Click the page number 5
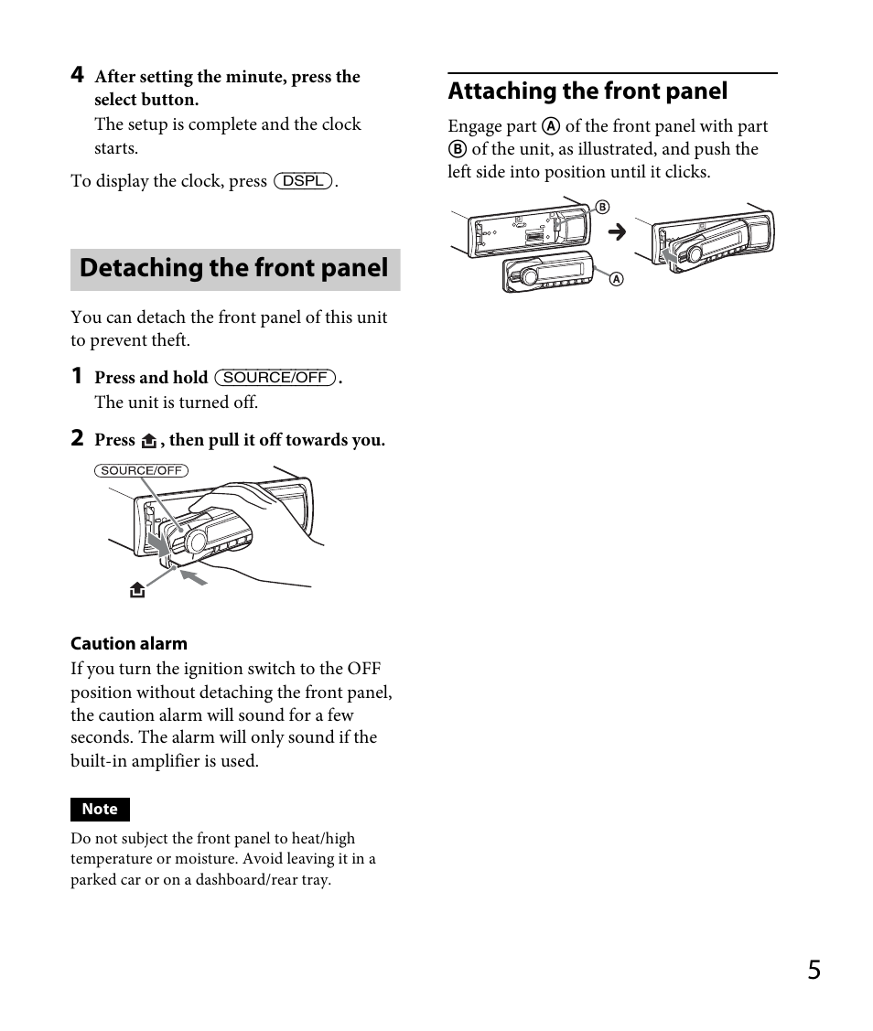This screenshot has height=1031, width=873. click(x=814, y=971)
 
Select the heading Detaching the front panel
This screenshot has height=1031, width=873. click(x=234, y=269)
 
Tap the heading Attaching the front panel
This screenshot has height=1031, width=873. click(x=587, y=91)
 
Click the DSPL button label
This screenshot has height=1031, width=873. click(x=303, y=181)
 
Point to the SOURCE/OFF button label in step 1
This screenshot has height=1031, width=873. click(x=275, y=378)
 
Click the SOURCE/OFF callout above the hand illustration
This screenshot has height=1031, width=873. click(x=141, y=470)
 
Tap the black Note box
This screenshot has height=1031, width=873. click(x=100, y=809)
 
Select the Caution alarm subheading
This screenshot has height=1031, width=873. click(x=129, y=643)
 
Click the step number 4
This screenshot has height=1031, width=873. click(x=78, y=75)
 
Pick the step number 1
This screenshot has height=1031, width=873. click(x=78, y=376)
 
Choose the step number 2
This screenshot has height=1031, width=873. click(x=78, y=438)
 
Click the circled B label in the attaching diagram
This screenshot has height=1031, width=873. click(x=602, y=208)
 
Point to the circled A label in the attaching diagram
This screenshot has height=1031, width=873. click(x=616, y=279)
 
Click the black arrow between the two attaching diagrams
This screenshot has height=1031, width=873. click(x=618, y=232)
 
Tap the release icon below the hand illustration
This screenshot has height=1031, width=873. click(x=137, y=590)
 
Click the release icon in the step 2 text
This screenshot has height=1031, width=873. click(x=149, y=441)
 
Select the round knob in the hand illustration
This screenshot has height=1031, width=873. click(x=196, y=542)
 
